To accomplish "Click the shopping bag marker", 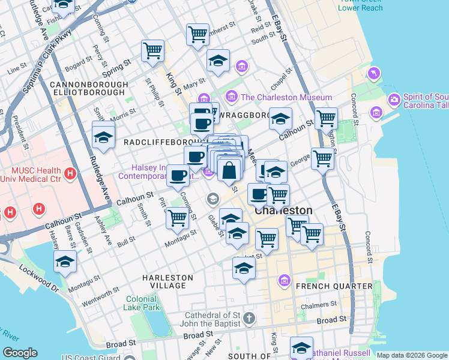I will pos(229,170).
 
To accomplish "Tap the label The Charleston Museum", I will pos(286,97).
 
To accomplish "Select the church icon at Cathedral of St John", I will pos(249,317).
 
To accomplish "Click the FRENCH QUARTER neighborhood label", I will pos(334,286).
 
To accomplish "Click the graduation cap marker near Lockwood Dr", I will pos(65,262).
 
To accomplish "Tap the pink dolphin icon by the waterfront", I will pos(375,73).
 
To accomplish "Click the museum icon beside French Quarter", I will pos(284,280).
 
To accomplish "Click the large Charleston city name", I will pos(283,211).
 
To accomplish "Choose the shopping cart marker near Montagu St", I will pos(177,218).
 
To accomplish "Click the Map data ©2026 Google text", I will pos(411,355).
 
